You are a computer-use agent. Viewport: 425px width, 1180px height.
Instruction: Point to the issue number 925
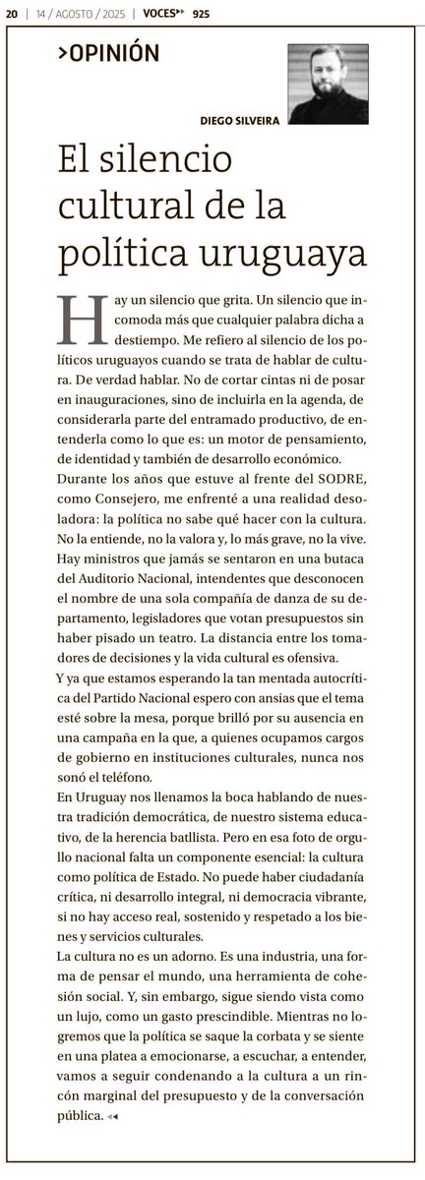click(202, 13)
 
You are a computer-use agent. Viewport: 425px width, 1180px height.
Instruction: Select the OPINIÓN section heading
click(108, 55)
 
